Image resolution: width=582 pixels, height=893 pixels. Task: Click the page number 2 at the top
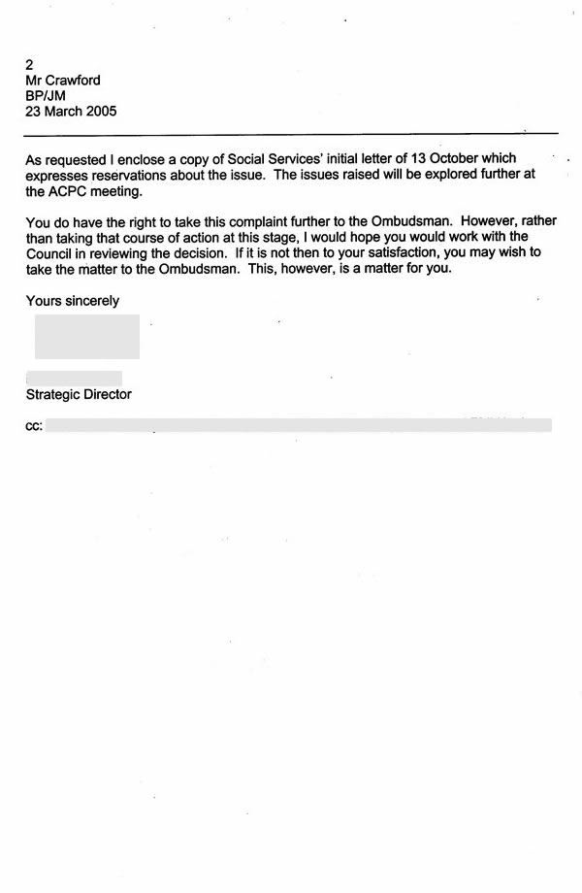click(30, 65)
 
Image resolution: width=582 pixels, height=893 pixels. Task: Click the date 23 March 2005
click(71, 112)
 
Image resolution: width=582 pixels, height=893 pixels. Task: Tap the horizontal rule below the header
click(291, 132)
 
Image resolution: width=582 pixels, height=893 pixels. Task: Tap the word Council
click(51, 253)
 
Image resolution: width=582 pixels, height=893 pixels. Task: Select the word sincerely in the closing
click(90, 301)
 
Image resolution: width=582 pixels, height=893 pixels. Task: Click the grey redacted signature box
click(87, 336)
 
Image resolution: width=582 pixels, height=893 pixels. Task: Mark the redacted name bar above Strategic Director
click(75, 377)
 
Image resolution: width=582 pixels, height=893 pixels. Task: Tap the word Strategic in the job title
click(54, 394)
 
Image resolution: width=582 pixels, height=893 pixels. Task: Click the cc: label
click(34, 425)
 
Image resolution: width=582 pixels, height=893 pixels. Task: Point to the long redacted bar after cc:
click(299, 425)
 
